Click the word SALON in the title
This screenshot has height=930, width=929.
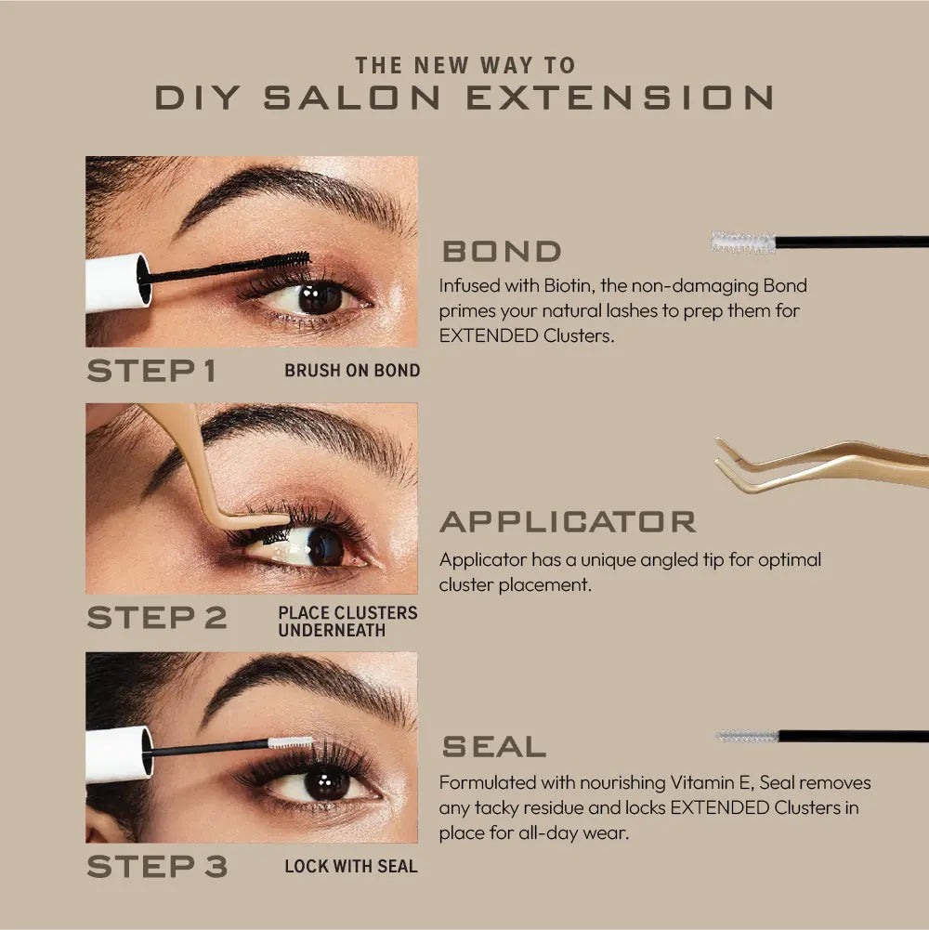click(344, 97)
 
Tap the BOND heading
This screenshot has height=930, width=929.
click(502, 251)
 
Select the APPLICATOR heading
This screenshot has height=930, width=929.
click(568, 521)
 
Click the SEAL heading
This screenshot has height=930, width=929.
click(492, 746)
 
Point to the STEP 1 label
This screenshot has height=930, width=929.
click(151, 371)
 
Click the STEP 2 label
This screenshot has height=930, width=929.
click(156, 619)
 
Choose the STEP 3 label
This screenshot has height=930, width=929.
click(156, 867)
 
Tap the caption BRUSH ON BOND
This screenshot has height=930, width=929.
click(352, 371)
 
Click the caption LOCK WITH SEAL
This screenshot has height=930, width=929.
click(351, 867)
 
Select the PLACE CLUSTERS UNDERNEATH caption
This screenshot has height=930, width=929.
click(347, 622)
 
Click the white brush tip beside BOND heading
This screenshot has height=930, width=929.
click(742, 242)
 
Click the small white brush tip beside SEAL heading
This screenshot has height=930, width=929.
click(747, 736)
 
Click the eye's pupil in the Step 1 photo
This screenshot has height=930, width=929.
click(321, 297)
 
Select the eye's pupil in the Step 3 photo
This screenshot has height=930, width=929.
click(326, 785)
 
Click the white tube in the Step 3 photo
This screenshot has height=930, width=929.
click(118, 753)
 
